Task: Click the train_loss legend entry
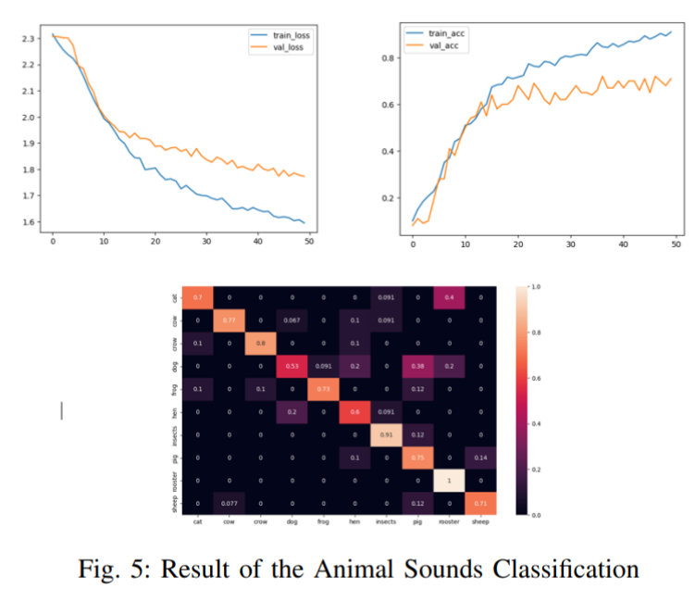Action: click(286, 34)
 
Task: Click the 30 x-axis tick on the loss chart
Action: click(206, 242)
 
